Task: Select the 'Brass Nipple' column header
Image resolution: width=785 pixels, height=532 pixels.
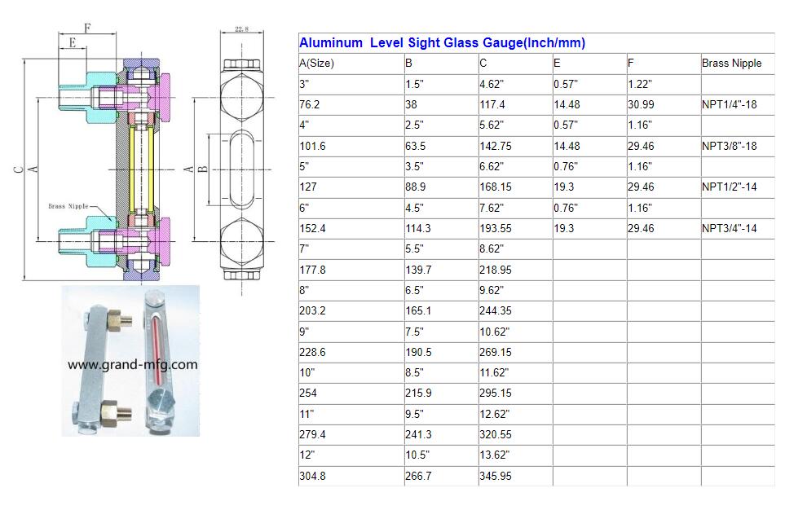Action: pyautogui.click(x=731, y=63)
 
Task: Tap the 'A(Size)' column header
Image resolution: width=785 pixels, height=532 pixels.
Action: pyautogui.click(x=316, y=63)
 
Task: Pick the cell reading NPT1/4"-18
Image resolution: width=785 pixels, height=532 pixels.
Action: pyautogui.click(x=729, y=104)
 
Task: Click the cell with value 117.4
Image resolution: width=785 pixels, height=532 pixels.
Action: pyautogui.click(x=492, y=104)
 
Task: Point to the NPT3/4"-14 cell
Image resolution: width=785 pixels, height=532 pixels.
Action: pyautogui.click(x=729, y=228)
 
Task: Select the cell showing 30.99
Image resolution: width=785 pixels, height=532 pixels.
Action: pyautogui.click(x=641, y=104)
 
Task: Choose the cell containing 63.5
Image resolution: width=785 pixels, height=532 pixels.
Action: pyautogui.click(x=416, y=146)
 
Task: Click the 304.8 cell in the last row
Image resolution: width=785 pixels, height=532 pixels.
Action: pyautogui.click(x=312, y=476)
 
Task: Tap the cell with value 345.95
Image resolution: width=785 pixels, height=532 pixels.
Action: pyautogui.click(x=496, y=476)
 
